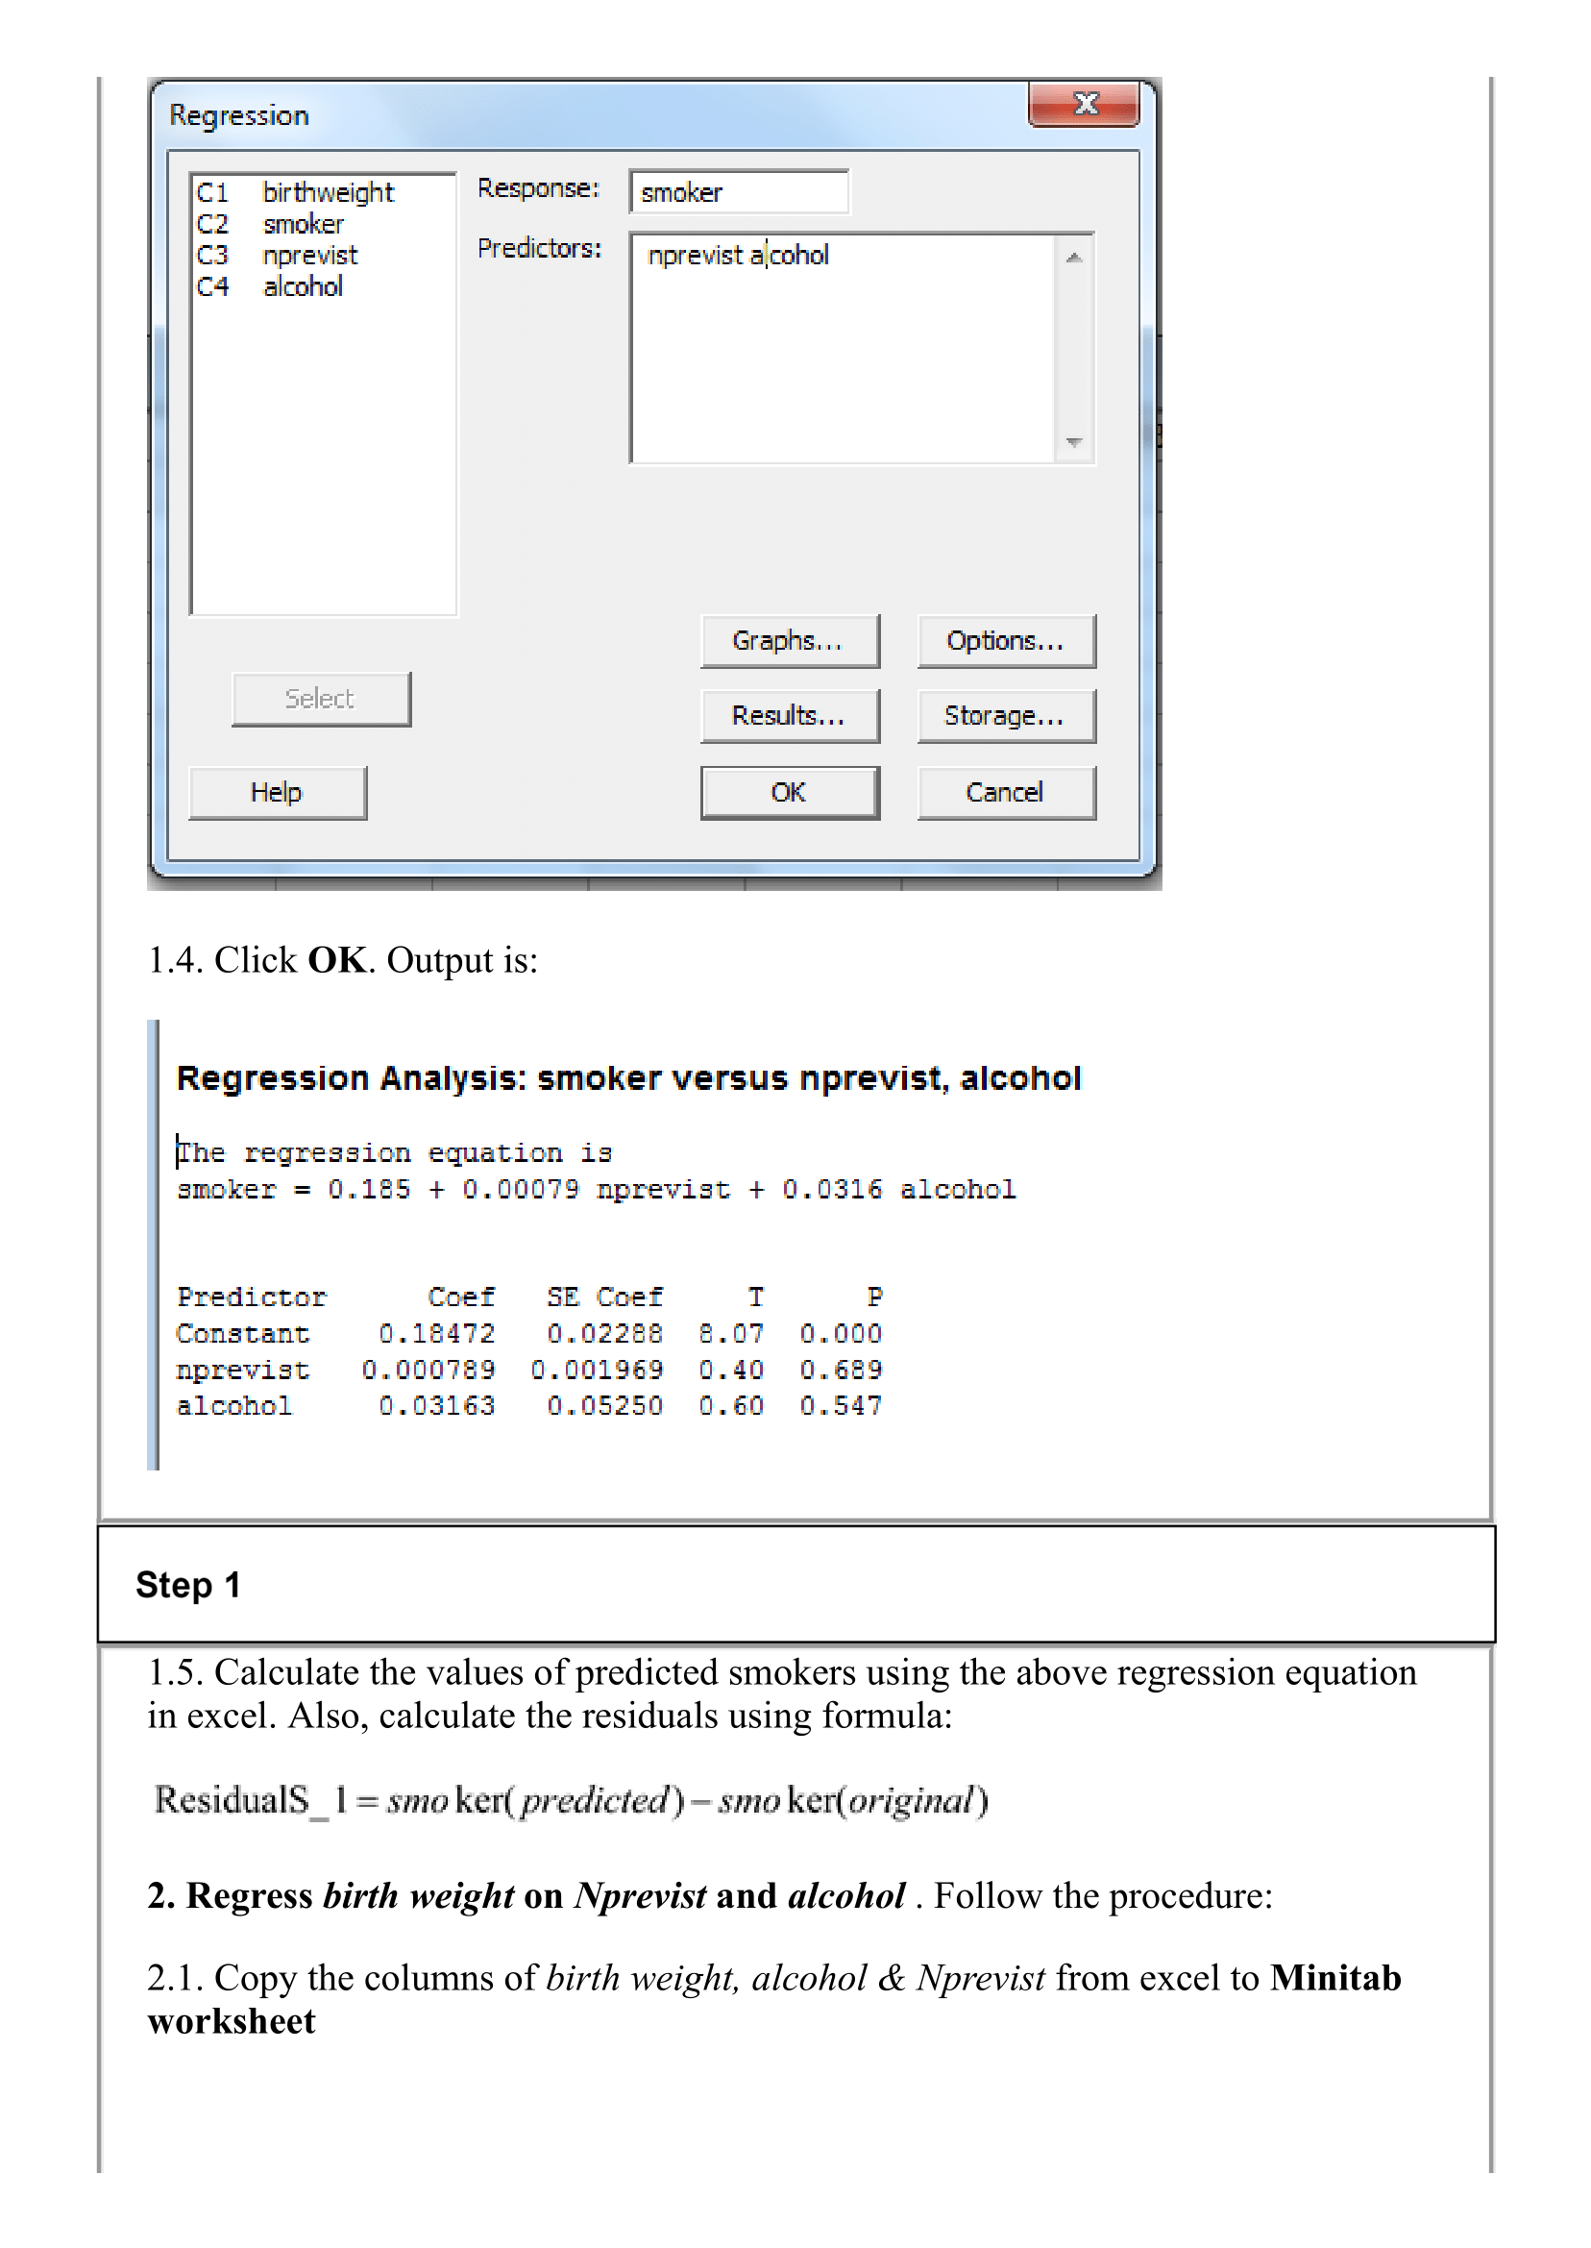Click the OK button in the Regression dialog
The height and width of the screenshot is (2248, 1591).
tap(789, 792)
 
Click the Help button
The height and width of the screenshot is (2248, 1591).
tap(278, 792)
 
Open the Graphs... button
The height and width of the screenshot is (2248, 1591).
tap(789, 641)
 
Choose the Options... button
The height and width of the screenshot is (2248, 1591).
tap(1005, 641)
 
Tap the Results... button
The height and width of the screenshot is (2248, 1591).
tap(789, 716)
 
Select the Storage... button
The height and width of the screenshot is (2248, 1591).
tap(1005, 716)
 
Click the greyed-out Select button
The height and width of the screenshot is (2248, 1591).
tap(320, 699)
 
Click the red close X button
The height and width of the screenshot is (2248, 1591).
tap(1084, 104)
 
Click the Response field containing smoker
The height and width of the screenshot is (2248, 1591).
tap(739, 192)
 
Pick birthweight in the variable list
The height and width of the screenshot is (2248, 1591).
tap(329, 192)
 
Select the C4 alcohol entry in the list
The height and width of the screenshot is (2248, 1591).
tap(303, 286)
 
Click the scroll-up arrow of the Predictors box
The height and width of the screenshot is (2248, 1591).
tap(1075, 258)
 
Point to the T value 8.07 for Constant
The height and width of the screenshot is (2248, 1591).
tap(731, 1333)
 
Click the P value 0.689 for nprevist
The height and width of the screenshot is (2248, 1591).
tap(841, 1369)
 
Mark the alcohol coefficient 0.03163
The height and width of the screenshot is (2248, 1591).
tap(437, 1405)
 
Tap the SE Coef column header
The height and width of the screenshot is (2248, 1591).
tap(604, 1297)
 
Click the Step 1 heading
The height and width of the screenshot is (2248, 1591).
tap(188, 1585)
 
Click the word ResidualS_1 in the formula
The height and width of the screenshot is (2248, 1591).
tap(251, 1800)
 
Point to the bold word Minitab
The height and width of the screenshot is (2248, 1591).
tap(1335, 1978)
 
